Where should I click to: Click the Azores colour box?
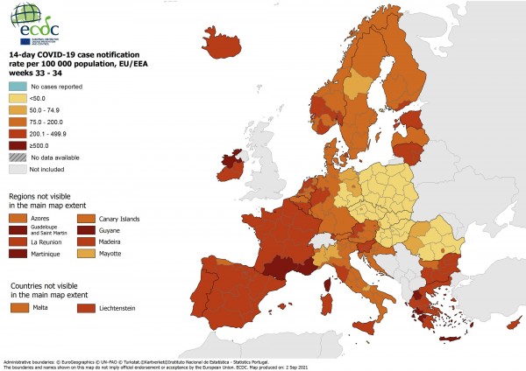click(18, 218)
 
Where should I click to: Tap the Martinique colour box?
click(18, 254)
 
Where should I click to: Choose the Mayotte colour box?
click(86, 254)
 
